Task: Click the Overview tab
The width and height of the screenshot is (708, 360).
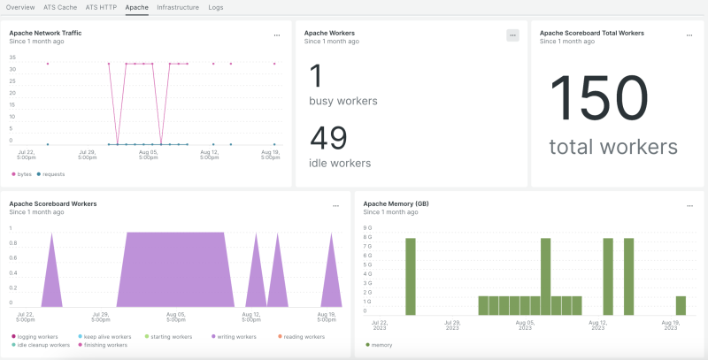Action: coord(20,7)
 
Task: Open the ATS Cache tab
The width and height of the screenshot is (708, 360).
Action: coord(59,7)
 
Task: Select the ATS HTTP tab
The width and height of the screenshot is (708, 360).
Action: coord(101,7)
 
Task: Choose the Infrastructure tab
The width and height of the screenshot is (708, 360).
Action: coord(178,7)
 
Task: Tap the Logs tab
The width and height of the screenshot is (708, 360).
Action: coord(216,7)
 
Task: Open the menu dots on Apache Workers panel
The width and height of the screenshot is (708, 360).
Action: coord(512,35)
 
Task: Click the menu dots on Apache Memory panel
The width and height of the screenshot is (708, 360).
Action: coord(689,205)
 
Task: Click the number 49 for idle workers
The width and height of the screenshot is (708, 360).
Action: coord(328,139)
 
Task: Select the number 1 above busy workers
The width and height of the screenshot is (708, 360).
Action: coord(316,76)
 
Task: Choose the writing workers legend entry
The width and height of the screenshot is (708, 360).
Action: coord(234,337)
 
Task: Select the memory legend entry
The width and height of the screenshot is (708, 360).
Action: coord(381,345)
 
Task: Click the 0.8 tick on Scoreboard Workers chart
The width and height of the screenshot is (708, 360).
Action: coord(12,257)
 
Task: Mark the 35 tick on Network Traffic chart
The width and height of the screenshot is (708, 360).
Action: coord(12,57)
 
